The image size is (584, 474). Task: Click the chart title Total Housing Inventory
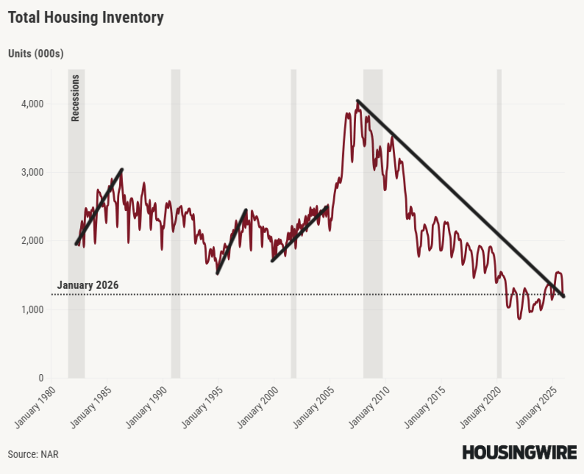(86, 18)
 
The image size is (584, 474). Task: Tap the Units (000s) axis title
(36, 54)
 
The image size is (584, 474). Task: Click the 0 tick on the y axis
(41, 378)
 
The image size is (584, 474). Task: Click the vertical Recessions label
(75, 98)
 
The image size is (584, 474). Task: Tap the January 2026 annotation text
(88, 286)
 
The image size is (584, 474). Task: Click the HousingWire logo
(519, 452)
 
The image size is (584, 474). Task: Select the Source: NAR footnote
(33, 455)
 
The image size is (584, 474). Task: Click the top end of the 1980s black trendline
(122, 169)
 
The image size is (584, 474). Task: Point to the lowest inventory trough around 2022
(519, 319)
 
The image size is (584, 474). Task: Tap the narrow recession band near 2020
(499, 224)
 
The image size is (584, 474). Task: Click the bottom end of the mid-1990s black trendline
(217, 273)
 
